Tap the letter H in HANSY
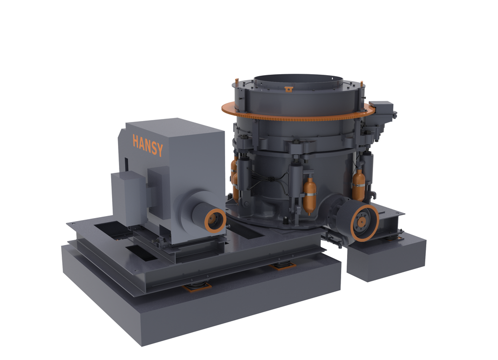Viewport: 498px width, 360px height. click(x=135, y=141)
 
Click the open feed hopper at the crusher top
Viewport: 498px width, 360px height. click(x=298, y=81)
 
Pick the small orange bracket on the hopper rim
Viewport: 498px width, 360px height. click(x=288, y=90)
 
